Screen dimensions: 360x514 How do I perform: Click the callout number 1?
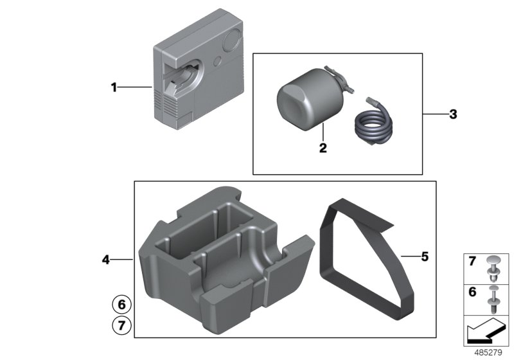point(114,88)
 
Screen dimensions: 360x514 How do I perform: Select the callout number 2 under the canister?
point(323,148)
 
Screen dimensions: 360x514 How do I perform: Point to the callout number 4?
point(106,260)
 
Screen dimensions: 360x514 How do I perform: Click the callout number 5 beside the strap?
point(424,257)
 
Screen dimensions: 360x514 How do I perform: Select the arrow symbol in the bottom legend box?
point(486,333)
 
